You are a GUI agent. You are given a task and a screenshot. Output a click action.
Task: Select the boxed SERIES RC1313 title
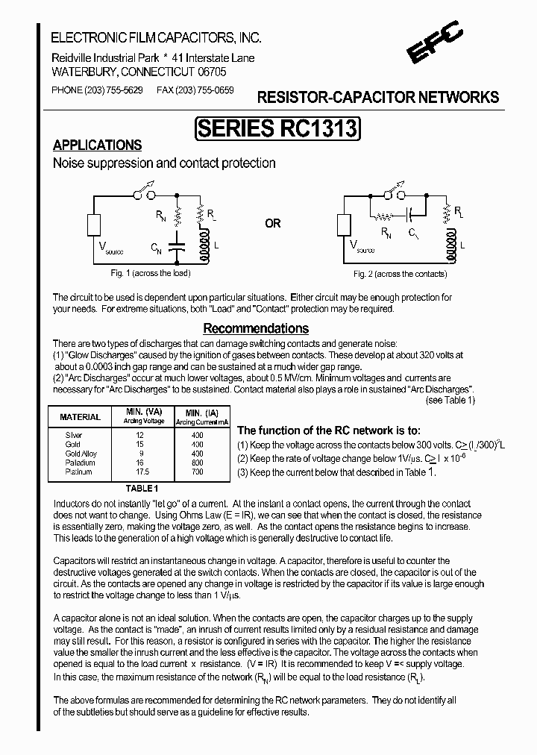(277, 128)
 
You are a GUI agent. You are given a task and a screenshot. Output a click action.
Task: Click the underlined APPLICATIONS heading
(97, 145)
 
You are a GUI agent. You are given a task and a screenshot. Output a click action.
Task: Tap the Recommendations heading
(256, 328)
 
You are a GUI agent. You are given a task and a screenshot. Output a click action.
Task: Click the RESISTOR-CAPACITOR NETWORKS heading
(377, 98)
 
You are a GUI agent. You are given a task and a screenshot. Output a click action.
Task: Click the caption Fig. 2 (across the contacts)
(400, 274)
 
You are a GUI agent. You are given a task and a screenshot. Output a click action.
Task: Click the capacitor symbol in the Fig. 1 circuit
(177, 247)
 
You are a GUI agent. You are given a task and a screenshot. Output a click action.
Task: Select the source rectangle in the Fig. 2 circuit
(344, 224)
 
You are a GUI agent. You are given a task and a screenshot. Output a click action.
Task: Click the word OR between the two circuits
(273, 224)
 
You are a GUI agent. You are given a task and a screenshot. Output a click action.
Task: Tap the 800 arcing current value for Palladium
(197, 463)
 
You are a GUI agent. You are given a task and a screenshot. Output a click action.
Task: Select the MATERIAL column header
(80, 417)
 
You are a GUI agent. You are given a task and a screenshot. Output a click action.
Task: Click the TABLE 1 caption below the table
(141, 488)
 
